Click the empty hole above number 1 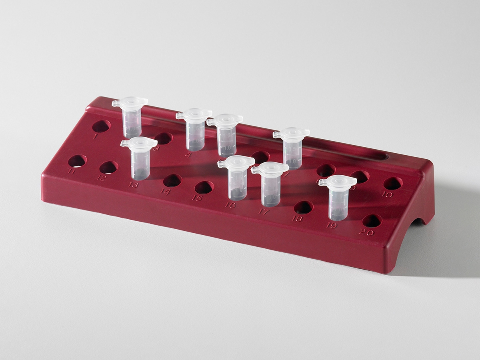[101, 126]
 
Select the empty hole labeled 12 [108, 167]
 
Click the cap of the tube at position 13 [138, 143]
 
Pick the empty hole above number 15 [204, 187]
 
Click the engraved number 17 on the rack [264, 212]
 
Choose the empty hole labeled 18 [304, 207]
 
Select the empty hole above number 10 [393, 184]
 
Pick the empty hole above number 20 [372, 221]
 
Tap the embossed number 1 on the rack [95, 136]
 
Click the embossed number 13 [134, 185]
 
